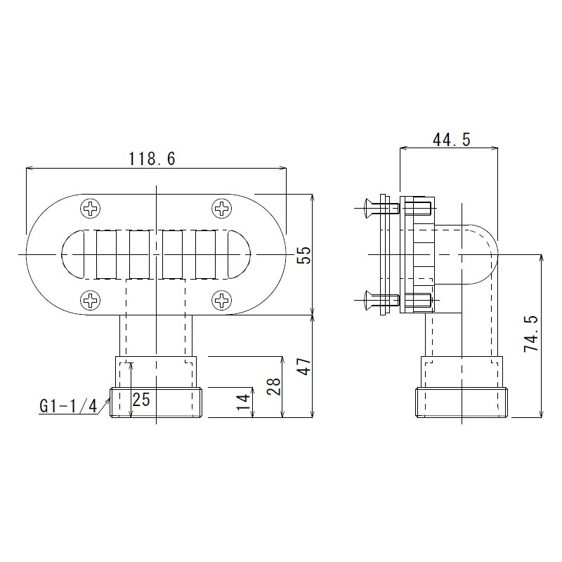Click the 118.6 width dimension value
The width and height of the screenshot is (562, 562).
pos(152,159)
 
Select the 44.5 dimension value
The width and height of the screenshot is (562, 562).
pos(451,140)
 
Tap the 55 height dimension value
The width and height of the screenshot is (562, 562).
pos(303,254)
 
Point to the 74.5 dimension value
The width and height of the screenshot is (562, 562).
pos(531,333)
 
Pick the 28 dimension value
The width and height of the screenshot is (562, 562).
pos(274,386)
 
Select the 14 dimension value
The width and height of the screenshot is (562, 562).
pos(243,401)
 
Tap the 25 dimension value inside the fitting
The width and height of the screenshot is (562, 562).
pos(141,400)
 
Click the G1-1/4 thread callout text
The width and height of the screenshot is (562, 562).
pos(68,405)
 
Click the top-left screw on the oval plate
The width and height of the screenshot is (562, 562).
pos(91,208)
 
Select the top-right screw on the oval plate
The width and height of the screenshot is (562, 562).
pos(222,208)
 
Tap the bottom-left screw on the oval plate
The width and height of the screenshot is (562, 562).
pos(91,301)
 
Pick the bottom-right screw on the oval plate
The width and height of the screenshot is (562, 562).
pos(222,301)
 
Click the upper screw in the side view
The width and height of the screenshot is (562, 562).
pos(379,207)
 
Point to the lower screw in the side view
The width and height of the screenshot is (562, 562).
pos(379,301)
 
